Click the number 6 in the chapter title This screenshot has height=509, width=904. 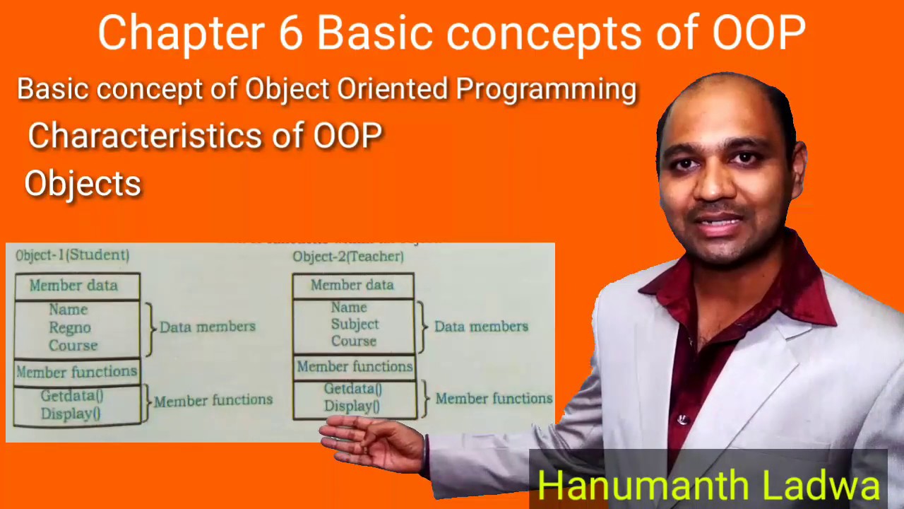pyautogui.click(x=290, y=33)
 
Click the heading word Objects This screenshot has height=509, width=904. pyautogui.click(x=83, y=184)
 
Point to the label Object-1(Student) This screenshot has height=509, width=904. pyautogui.click(x=72, y=255)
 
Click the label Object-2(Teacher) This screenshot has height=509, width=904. pyautogui.click(x=348, y=257)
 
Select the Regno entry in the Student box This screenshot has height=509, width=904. pyautogui.click(x=70, y=327)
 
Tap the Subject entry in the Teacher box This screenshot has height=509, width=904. pyautogui.click(x=355, y=324)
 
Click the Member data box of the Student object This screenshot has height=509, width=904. pyautogui.click(x=73, y=286)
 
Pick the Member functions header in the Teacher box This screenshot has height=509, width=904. pyautogui.click(x=355, y=366)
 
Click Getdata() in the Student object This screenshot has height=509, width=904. pyautogui.click(x=71, y=396)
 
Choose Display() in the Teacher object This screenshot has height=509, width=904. pyautogui.click(x=352, y=406)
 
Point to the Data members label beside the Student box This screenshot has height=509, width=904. pyautogui.click(x=207, y=327)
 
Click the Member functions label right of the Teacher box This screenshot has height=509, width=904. pyautogui.click(x=494, y=399)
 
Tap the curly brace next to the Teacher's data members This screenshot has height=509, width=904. pyautogui.click(x=422, y=326)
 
